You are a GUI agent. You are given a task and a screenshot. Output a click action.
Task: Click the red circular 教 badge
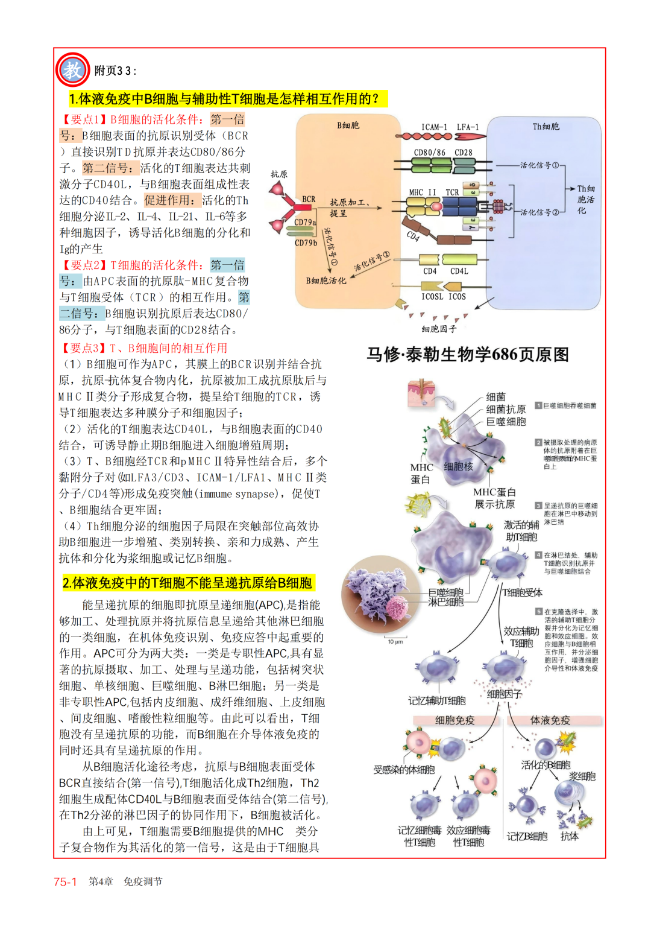(72, 70)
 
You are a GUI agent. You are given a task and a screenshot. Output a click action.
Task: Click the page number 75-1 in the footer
(65, 881)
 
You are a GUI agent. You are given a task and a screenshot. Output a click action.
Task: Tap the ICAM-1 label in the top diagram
(434, 127)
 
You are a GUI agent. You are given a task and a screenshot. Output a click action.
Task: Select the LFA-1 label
(468, 127)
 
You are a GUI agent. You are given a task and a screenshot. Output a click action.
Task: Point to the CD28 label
(464, 153)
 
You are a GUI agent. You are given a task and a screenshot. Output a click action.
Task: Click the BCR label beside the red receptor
(309, 199)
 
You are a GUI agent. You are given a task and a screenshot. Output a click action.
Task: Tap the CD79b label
(306, 243)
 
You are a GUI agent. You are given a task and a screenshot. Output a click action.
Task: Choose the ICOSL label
(432, 296)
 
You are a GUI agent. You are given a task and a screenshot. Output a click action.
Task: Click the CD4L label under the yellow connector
(459, 271)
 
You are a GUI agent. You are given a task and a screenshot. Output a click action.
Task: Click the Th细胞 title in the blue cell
(546, 127)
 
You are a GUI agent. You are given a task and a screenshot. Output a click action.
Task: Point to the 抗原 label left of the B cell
(278, 174)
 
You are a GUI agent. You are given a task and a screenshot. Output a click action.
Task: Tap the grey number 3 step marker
(538, 506)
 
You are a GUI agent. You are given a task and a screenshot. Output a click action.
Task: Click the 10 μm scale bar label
(395, 641)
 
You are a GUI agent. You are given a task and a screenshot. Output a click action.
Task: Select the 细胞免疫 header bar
(455, 720)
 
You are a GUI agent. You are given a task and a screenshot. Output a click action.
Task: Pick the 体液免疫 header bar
(550, 720)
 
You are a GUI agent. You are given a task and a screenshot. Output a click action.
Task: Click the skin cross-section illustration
(421, 393)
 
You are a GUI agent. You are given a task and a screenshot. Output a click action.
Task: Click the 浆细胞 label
(582, 776)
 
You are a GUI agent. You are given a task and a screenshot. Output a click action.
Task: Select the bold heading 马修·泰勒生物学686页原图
(468, 355)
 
